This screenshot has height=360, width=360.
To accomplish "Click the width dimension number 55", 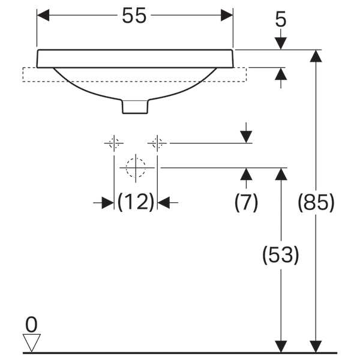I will (x=134, y=16).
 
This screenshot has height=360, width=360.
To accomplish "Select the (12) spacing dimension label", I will (x=136, y=203).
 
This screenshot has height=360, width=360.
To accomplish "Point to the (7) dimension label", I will (x=246, y=203).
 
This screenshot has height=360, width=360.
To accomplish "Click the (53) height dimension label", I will (x=281, y=256).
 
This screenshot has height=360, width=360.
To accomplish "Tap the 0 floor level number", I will (x=31, y=325).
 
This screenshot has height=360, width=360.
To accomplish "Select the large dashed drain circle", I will (x=136, y=167).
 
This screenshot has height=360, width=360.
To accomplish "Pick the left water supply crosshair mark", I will (x=113, y=143).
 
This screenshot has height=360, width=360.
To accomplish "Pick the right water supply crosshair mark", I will (x=157, y=143).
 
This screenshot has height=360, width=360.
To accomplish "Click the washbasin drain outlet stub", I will (x=135, y=106).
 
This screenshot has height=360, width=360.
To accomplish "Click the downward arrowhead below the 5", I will (x=281, y=44).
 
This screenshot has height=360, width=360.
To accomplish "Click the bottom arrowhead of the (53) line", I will (x=281, y=346).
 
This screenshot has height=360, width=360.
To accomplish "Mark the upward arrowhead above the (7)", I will (x=246, y=174).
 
